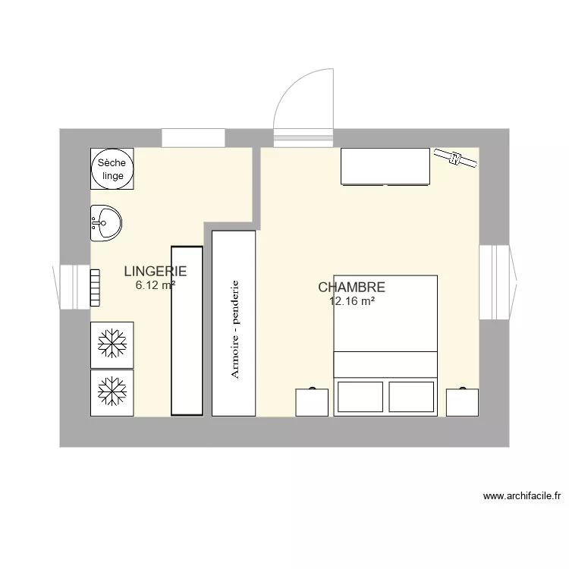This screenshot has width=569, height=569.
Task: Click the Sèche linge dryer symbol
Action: (112, 168)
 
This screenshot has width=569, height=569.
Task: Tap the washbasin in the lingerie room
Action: (105, 222)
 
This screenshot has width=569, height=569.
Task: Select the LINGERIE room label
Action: (155, 271)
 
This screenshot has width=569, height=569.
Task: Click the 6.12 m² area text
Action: (156, 285)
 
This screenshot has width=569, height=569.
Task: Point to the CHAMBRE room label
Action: (351, 288)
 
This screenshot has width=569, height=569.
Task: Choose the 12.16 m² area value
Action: (352, 301)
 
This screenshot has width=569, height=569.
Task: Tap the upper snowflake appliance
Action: (112, 344)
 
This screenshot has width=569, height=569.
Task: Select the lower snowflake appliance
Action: (112, 392)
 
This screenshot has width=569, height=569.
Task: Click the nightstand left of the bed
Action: (311, 402)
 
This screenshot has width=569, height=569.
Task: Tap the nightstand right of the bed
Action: (462, 402)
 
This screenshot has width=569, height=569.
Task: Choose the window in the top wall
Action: (193, 138)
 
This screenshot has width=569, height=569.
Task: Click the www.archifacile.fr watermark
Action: (522, 497)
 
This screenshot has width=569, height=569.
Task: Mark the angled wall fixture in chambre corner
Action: (455, 159)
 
